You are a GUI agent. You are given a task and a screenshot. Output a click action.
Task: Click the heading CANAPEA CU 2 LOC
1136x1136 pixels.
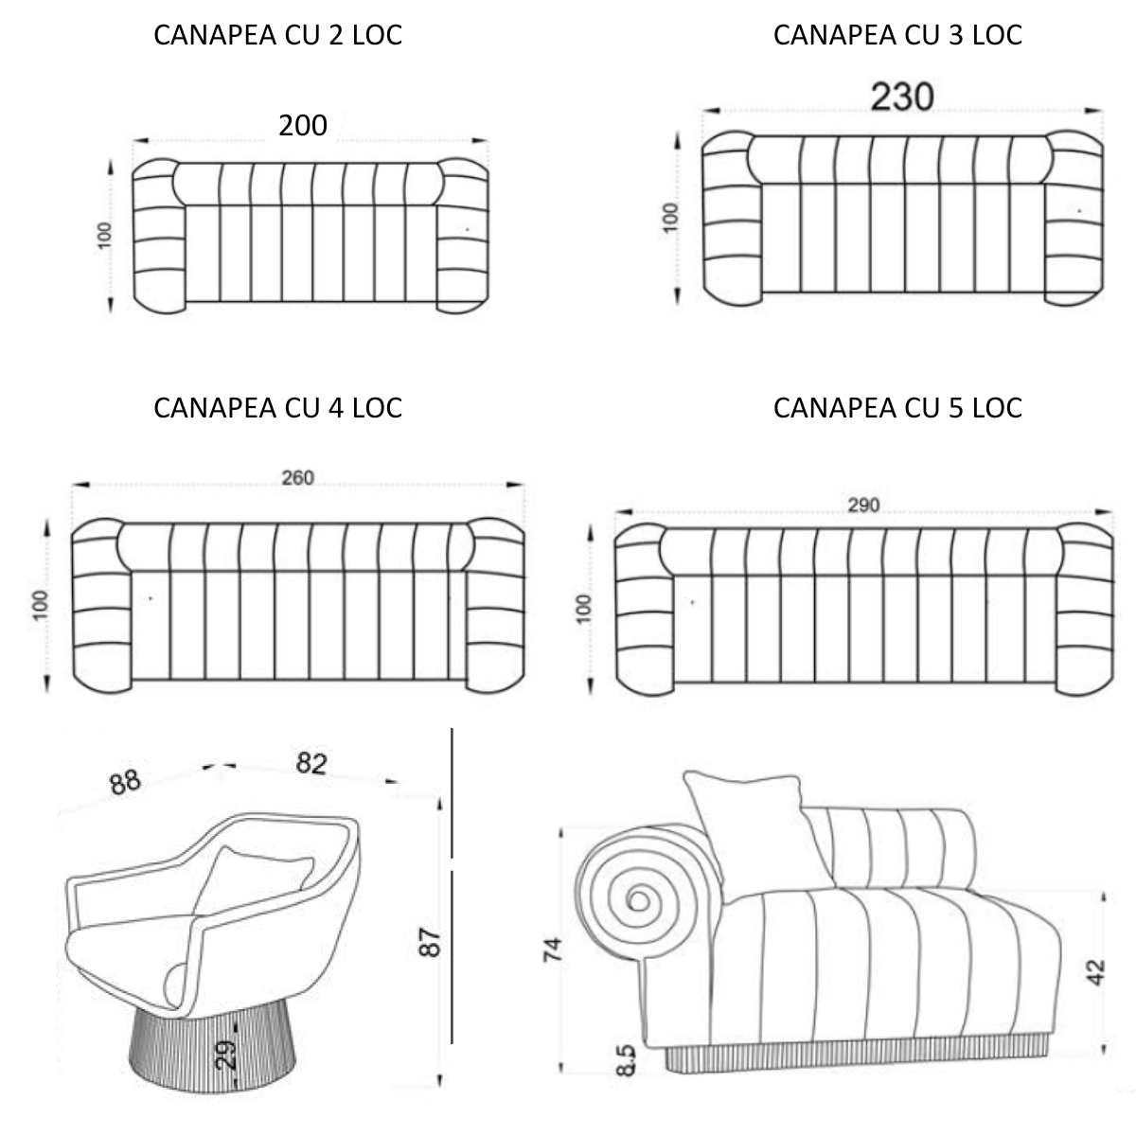tap(277, 35)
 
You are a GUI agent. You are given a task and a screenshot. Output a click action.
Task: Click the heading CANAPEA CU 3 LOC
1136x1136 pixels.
tap(897, 35)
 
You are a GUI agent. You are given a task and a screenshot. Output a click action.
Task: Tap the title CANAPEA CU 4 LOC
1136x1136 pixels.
tap(277, 407)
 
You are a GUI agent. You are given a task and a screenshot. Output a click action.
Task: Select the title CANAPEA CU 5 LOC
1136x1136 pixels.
tap(897, 407)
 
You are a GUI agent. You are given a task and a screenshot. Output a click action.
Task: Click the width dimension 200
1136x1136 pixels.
tap(303, 125)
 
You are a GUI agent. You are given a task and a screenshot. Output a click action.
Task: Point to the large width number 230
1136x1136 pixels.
tap(902, 97)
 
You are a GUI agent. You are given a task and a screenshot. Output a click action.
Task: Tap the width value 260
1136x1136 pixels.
tap(297, 478)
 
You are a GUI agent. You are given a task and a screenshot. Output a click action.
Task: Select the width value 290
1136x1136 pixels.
tap(862, 505)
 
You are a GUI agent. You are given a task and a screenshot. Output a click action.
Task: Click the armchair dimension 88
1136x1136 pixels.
tap(124, 781)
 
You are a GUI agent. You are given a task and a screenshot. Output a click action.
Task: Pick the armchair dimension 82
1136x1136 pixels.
tap(311, 763)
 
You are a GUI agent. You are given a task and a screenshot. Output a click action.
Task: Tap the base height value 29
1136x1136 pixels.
tap(225, 1054)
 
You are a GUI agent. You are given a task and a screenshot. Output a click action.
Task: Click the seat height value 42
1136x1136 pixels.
tap(1096, 972)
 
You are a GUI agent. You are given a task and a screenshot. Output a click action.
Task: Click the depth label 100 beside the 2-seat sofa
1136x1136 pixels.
tap(104, 234)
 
